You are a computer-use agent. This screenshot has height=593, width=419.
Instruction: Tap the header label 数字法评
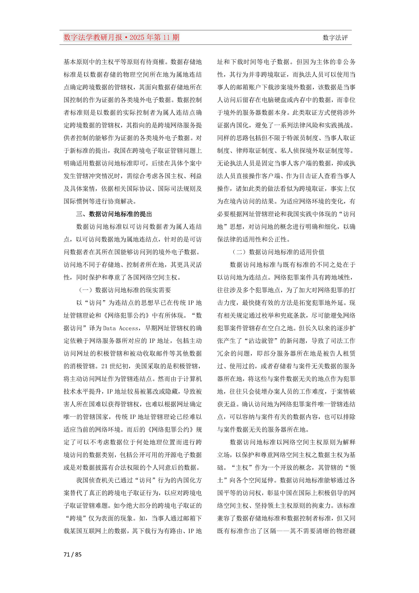click(x=335, y=38)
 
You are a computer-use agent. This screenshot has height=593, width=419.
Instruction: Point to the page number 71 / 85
click(x=72, y=554)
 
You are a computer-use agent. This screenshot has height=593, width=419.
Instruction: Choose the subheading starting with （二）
click(x=278, y=252)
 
